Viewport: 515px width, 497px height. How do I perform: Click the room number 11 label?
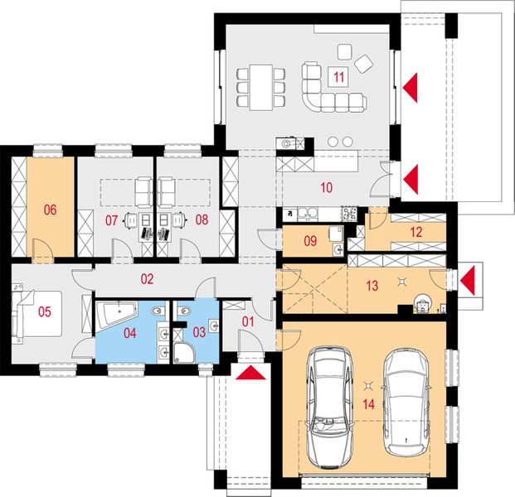point(339,77)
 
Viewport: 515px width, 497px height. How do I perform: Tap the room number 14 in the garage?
point(368,404)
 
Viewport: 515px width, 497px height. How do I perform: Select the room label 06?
point(50,210)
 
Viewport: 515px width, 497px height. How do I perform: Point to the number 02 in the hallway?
point(147,279)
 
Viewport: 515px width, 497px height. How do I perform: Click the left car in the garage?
point(329,407)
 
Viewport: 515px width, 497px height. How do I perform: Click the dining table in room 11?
point(261,87)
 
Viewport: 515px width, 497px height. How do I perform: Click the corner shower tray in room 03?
point(184,353)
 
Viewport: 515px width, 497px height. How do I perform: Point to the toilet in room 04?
point(158,310)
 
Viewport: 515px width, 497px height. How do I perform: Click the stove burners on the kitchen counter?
point(349,213)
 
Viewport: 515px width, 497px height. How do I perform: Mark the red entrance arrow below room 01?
point(250,373)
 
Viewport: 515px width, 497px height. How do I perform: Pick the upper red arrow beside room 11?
point(411,88)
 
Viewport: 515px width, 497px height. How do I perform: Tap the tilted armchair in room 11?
point(363,64)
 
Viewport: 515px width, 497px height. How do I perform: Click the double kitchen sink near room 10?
point(307,214)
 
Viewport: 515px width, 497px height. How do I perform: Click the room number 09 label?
point(310,241)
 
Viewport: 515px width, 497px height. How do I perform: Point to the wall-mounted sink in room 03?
point(214,326)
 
